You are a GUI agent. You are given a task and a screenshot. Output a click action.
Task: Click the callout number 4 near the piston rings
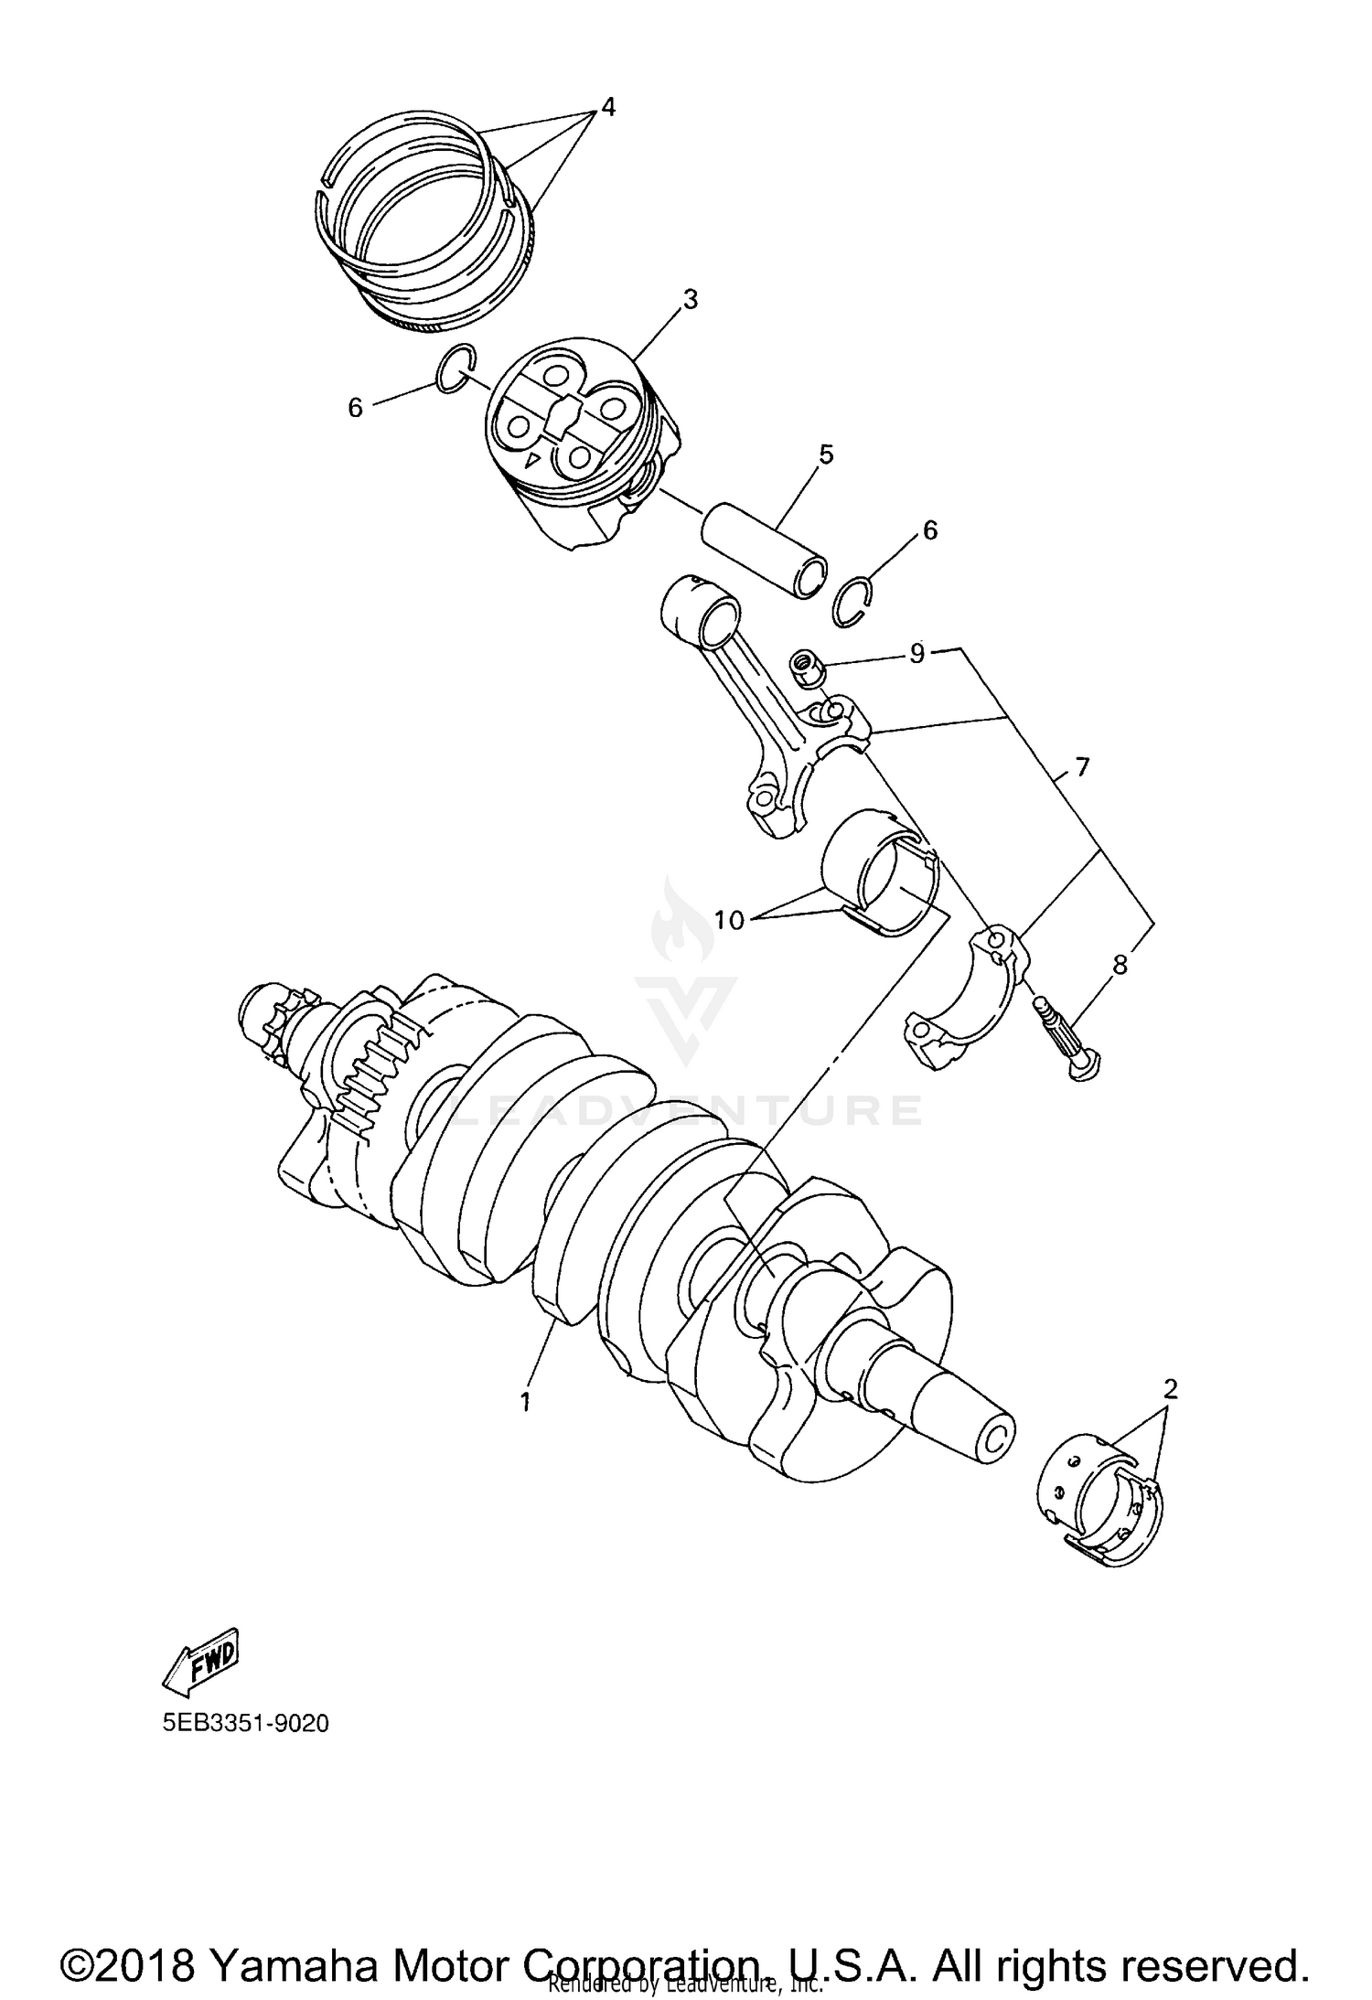[x=606, y=107]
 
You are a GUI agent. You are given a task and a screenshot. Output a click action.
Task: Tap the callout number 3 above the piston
[x=690, y=299]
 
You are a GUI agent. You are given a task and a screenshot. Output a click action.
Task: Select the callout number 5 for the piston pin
[x=826, y=454]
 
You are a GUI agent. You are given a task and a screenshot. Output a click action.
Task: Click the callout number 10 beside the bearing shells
[x=731, y=920]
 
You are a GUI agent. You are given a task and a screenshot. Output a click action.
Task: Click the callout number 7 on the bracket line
[x=1083, y=767]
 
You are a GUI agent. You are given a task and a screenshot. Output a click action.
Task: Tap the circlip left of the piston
[x=455, y=369]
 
